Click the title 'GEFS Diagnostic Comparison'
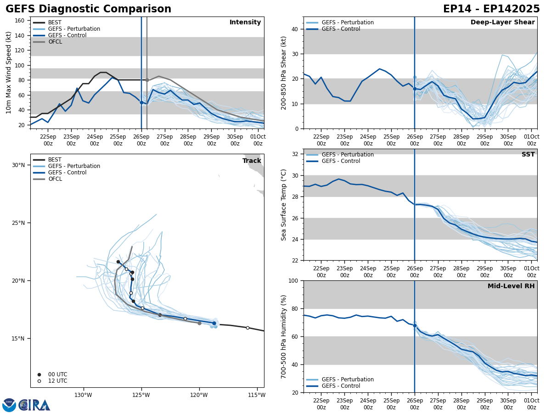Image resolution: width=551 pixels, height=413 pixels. (x=88, y=9)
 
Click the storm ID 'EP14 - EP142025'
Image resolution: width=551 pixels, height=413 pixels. (x=491, y=9)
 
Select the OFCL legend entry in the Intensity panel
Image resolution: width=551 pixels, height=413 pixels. (x=55, y=42)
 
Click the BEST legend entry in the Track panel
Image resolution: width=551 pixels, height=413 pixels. (x=55, y=160)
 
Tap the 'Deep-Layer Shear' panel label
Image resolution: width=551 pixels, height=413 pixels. (x=502, y=22)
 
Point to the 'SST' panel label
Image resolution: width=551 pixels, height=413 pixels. (x=528, y=155)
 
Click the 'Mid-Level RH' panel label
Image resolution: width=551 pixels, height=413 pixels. (x=511, y=286)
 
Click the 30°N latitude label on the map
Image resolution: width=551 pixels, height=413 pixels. (x=18, y=165)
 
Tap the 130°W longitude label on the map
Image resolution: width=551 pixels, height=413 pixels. (x=83, y=395)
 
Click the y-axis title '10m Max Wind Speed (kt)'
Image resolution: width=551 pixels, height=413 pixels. (x=9, y=73)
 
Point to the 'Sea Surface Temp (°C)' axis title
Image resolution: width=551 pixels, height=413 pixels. (x=284, y=205)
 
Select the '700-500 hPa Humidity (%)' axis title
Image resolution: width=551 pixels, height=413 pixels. (x=284, y=336)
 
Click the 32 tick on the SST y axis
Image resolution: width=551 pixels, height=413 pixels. (x=296, y=154)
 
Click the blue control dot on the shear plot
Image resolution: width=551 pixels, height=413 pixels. (x=415, y=89)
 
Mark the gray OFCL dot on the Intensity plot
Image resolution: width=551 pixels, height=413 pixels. (x=147, y=80)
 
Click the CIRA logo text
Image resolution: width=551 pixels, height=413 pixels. (x=34, y=405)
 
